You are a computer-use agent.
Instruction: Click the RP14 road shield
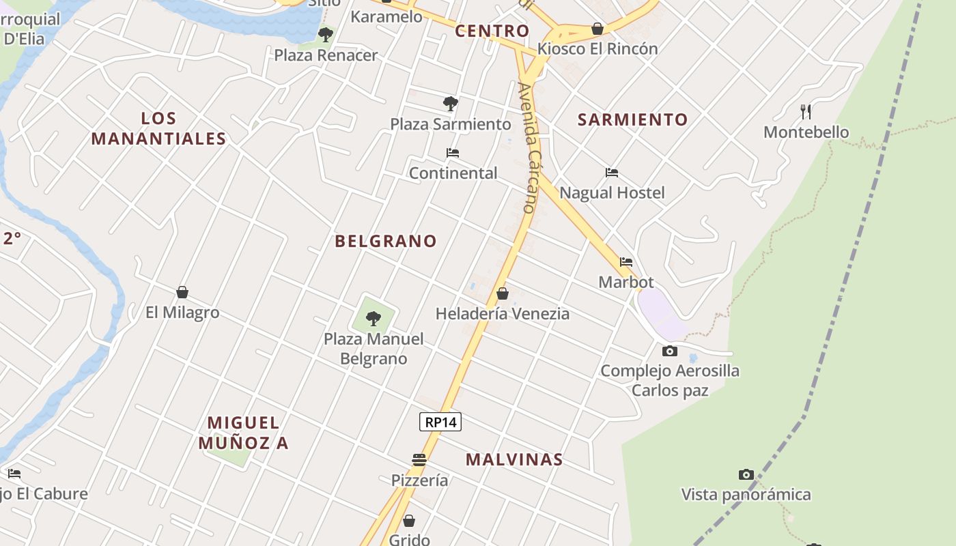tap(440, 422)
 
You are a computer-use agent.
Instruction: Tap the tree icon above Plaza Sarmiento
tap(450, 104)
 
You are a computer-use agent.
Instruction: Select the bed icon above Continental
tap(452, 153)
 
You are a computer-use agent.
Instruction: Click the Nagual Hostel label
tap(612, 192)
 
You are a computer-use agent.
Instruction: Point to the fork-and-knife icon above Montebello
tap(806, 111)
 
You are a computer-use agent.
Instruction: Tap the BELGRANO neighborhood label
tap(386, 241)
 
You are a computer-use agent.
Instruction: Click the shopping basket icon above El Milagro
tap(182, 292)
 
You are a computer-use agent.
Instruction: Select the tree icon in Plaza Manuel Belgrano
tap(373, 318)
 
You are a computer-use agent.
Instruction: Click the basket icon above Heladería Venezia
tap(503, 293)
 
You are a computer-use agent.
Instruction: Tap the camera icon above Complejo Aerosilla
tap(670, 351)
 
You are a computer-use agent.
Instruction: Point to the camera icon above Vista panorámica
tap(746, 474)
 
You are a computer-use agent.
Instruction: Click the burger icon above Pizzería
tap(419, 460)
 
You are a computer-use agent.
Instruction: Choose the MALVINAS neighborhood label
tap(514, 459)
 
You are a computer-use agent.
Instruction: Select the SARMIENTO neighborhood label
tap(633, 119)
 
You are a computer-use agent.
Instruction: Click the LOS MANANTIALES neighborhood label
tap(158, 128)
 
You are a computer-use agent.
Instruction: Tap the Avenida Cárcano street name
tap(529, 147)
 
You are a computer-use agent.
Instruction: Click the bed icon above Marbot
tap(626, 262)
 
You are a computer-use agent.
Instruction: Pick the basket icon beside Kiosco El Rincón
tap(597, 29)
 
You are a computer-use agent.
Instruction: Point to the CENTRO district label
tap(492, 31)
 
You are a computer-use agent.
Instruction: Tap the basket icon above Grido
tap(409, 521)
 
